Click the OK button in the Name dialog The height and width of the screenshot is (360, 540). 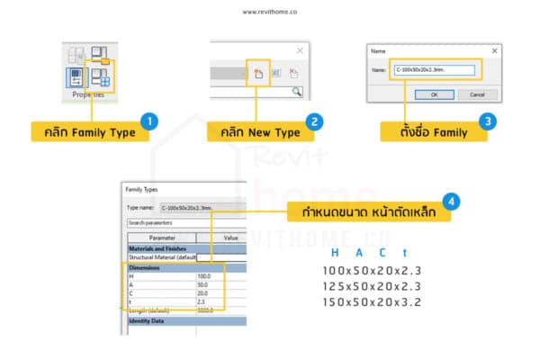(434, 94)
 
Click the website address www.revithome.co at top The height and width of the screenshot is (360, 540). (270, 13)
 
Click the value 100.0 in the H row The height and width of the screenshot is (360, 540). (204, 276)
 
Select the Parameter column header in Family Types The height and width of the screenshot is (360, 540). (157, 238)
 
